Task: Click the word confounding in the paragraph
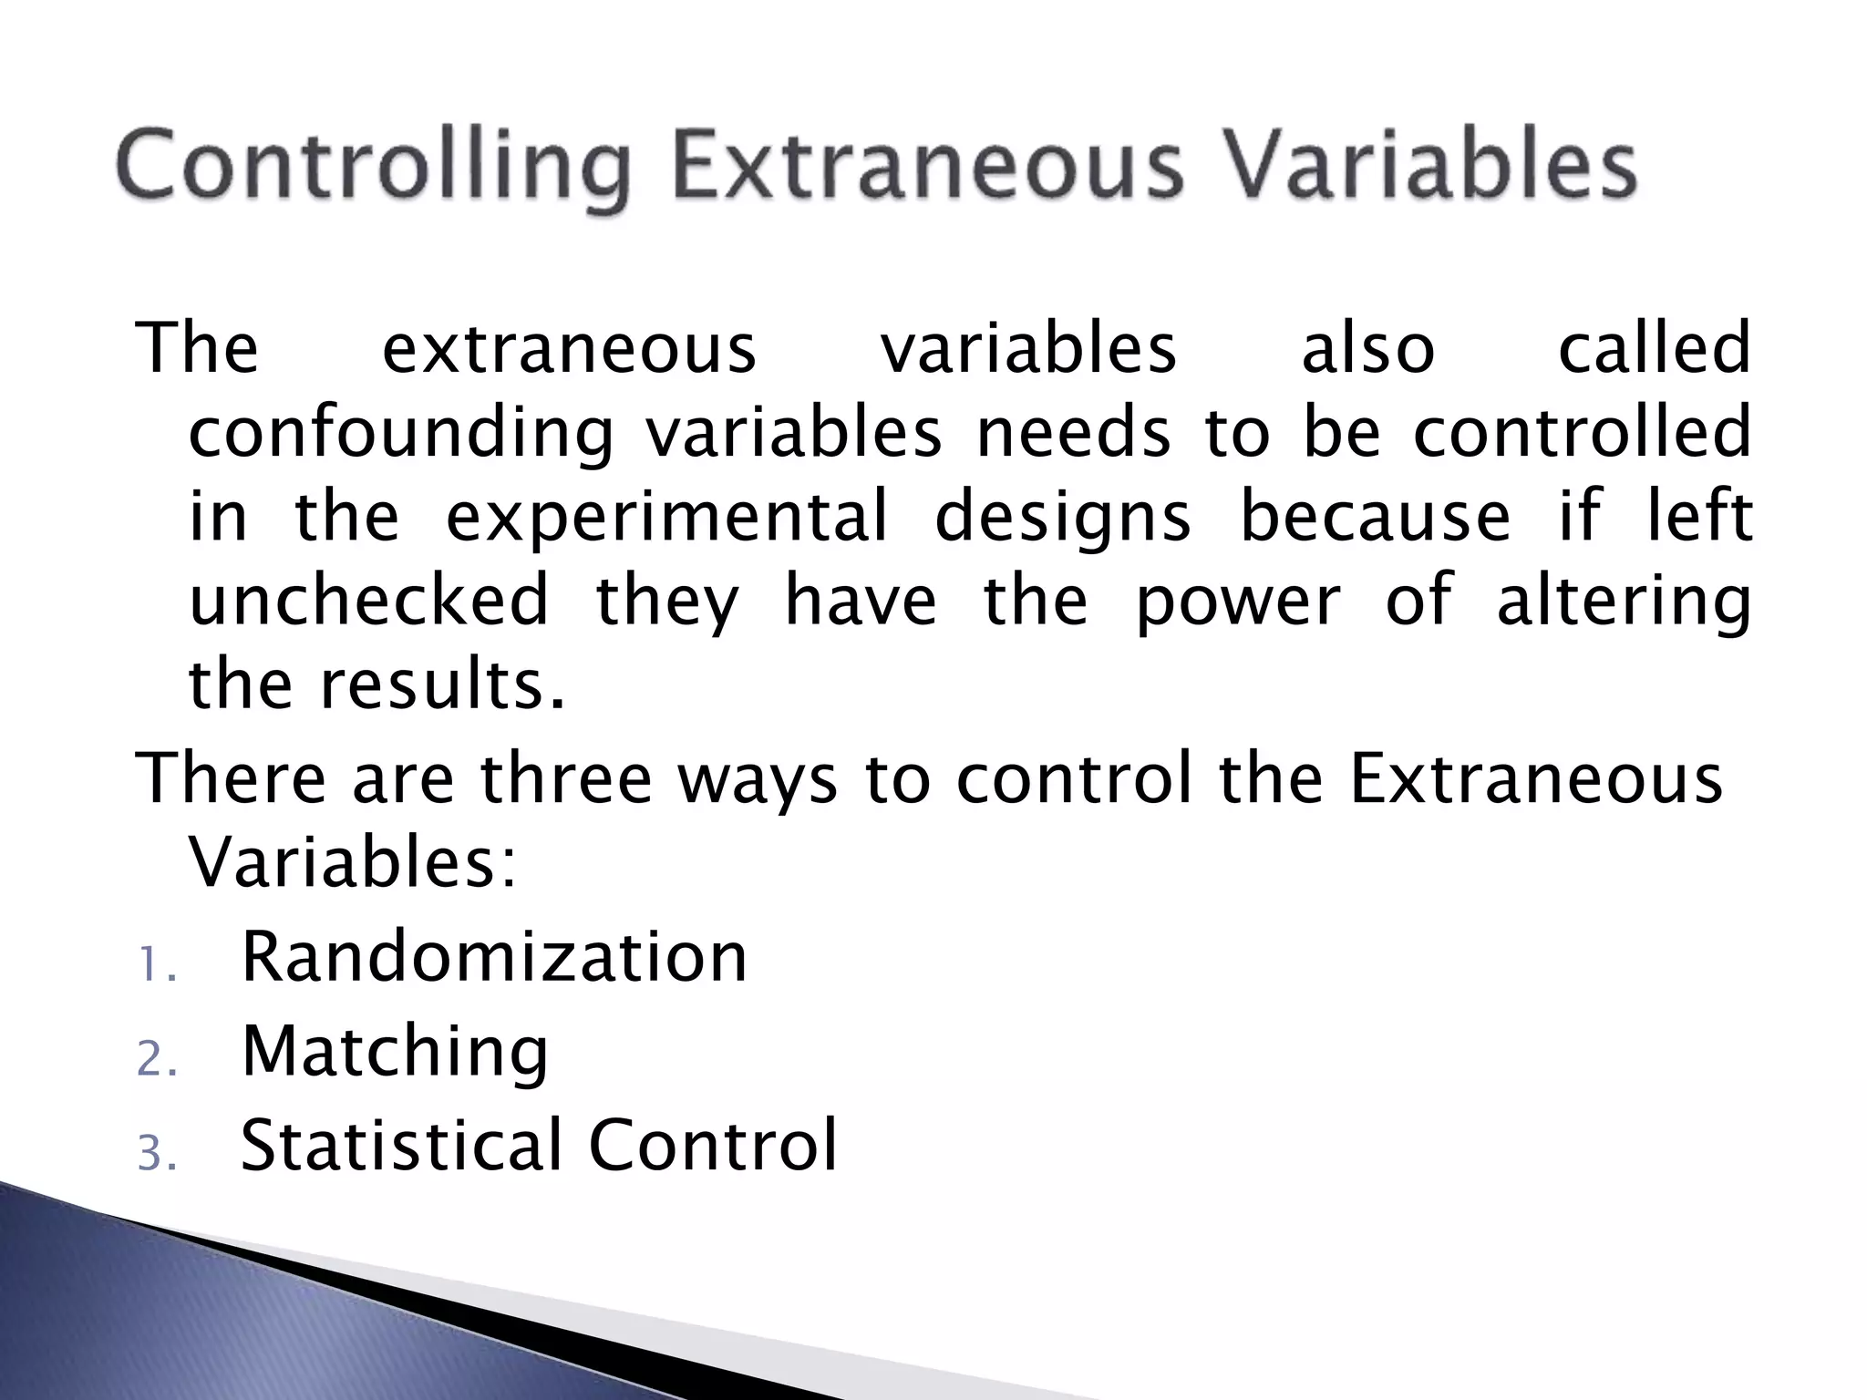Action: click(x=401, y=434)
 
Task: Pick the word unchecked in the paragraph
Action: click(x=369, y=601)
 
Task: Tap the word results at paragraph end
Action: click(x=441, y=685)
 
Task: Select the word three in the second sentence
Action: click(x=566, y=779)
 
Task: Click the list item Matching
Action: click(x=395, y=1053)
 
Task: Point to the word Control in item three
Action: click(x=713, y=1145)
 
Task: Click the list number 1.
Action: click(x=155, y=966)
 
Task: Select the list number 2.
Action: click(x=155, y=1061)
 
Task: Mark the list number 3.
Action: click(x=155, y=1155)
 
